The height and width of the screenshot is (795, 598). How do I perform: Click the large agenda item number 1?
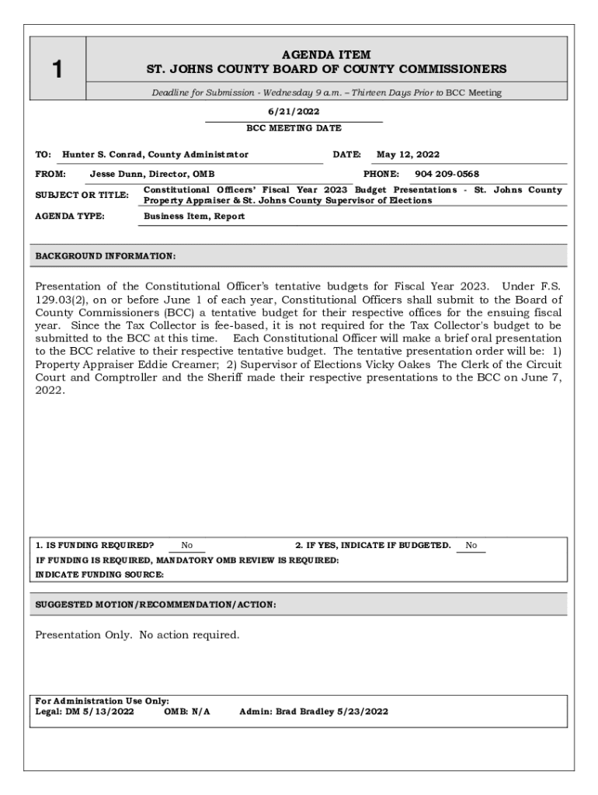(57, 71)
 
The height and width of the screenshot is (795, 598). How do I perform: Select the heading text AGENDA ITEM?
(326, 54)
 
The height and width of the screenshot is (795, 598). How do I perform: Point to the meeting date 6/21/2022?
(294, 112)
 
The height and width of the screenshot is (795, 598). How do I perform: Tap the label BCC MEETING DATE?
(294, 128)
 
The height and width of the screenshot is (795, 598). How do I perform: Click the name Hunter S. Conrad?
(103, 154)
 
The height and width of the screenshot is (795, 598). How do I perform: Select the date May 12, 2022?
(408, 154)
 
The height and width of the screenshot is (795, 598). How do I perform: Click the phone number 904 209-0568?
(447, 174)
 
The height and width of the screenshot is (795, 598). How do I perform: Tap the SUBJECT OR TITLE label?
(82, 195)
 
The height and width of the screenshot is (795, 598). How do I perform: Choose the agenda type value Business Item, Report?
(194, 217)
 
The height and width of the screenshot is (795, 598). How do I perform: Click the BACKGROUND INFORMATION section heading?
(106, 255)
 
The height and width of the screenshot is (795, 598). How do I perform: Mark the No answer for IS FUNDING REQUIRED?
(187, 546)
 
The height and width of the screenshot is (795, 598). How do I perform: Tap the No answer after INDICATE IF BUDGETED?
(471, 546)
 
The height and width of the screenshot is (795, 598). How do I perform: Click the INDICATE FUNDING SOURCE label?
(99, 575)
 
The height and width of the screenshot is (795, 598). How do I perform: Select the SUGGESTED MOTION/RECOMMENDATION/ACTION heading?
(155, 604)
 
